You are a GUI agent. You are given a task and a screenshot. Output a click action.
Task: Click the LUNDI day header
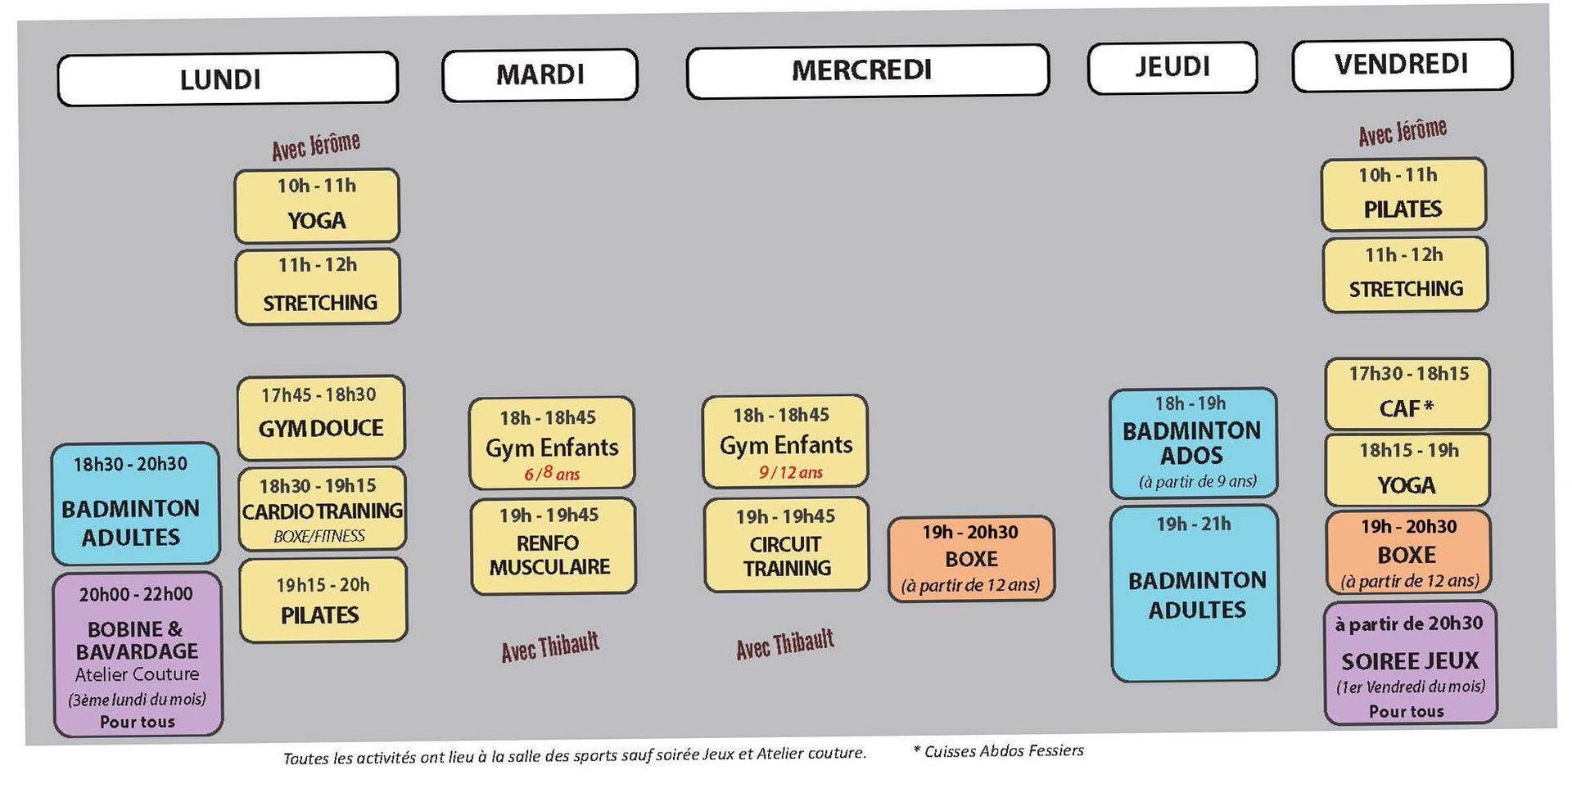point(228,79)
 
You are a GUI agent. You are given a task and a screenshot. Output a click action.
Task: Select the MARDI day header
point(540,74)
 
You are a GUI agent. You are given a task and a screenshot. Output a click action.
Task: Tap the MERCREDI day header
point(868,70)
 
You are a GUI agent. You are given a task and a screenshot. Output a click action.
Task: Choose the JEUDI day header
point(1172,67)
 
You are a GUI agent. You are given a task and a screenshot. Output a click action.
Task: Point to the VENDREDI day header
point(1403,65)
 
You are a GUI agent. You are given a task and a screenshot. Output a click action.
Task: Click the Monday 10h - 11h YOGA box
point(317,205)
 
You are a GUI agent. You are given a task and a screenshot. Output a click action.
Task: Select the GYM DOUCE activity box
point(321,417)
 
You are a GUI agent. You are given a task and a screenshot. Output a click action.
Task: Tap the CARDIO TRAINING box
point(323,509)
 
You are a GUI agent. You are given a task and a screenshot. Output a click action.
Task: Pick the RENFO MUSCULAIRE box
point(553,546)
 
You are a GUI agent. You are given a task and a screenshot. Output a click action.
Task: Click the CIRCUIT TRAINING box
point(786,545)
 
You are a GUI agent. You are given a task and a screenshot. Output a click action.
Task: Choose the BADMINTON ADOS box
point(1193,443)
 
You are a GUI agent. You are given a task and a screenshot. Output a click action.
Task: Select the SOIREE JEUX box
point(1410,663)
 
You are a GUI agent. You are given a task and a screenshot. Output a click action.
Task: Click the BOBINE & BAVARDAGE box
point(138,654)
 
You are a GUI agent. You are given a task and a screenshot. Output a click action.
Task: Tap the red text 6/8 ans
point(552,474)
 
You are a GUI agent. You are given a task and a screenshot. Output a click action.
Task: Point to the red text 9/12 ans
point(790,472)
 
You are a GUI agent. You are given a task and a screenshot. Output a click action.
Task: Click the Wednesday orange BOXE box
point(971,558)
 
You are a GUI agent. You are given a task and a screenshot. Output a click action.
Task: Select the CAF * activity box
point(1407,394)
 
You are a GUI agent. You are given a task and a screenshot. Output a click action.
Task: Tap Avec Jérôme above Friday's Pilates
point(1403,131)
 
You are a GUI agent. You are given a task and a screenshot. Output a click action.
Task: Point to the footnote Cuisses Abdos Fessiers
point(998,750)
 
